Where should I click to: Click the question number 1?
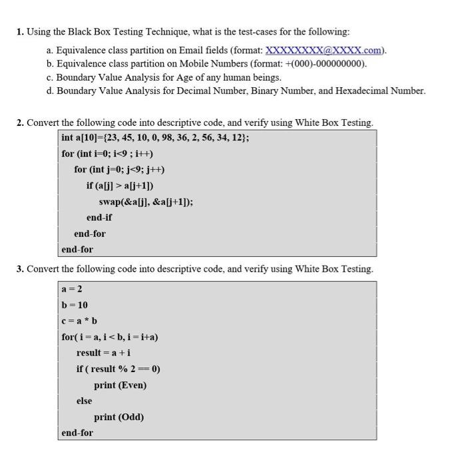[x=20, y=32]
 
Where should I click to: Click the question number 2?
[x=20, y=122]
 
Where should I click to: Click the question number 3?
[x=20, y=269]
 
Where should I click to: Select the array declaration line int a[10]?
[x=155, y=138]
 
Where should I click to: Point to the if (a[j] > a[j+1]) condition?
[x=124, y=186]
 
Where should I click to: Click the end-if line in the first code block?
[x=99, y=218]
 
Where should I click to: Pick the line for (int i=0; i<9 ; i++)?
[x=107, y=154]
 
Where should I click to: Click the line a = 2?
[x=72, y=289]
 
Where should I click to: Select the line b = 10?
[x=75, y=305]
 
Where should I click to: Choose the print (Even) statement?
[x=120, y=385]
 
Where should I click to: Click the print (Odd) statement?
[x=118, y=417]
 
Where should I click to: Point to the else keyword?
[x=84, y=401]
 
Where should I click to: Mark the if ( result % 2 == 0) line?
[x=118, y=369]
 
